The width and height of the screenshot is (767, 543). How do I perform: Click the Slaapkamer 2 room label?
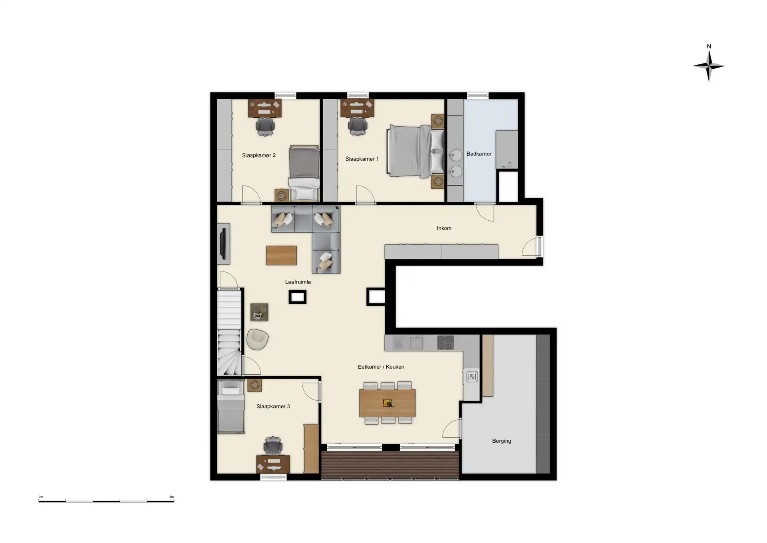258,155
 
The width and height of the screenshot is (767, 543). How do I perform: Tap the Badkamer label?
479,154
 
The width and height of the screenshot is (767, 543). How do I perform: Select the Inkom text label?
444,228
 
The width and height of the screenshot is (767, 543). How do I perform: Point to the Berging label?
501,441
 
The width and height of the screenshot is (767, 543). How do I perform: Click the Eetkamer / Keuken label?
381,367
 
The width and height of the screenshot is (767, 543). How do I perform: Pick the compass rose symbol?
709,66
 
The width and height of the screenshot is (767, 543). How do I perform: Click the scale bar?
106,500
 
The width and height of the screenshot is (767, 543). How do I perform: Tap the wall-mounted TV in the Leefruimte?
224,244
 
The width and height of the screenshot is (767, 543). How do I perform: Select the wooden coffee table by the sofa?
281,256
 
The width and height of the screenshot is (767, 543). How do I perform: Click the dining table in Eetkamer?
387,403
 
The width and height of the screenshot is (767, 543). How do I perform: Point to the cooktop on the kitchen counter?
445,343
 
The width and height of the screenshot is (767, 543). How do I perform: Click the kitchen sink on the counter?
416,343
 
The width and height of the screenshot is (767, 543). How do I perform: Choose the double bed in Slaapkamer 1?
415,151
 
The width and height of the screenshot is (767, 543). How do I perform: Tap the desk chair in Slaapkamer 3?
273,446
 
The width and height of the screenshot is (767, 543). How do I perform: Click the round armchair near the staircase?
257,339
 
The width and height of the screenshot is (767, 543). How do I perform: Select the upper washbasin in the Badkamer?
455,155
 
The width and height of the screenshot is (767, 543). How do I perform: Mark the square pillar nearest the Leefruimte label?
297,297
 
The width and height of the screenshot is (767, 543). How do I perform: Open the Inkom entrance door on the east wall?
532,247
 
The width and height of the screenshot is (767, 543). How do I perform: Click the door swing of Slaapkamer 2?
251,195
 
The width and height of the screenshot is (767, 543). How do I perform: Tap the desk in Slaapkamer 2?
264,108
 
